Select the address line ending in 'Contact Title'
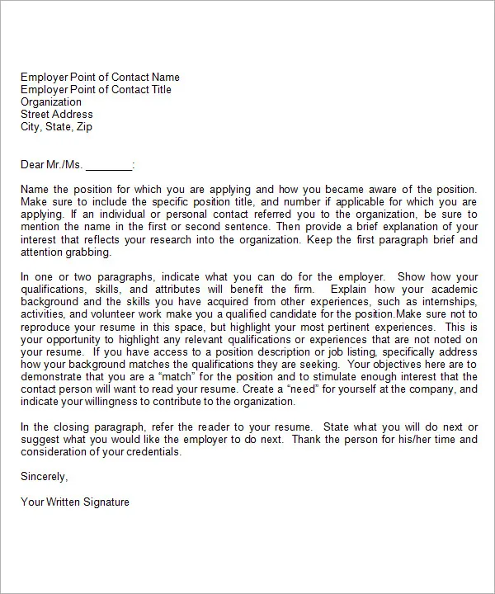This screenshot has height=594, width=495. click(100, 89)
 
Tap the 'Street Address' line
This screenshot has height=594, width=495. click(57, 114)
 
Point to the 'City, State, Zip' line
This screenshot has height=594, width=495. click(56, 126)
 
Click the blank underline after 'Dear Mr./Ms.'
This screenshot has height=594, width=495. click(108, 164)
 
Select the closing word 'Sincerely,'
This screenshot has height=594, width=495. click(45, 476)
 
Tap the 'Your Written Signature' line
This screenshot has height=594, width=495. click(75, 501)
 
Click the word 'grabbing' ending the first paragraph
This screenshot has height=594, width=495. click(92, 252)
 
